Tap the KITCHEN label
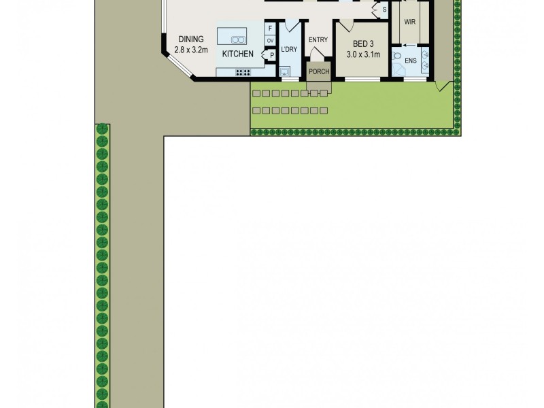(x=237, y=54)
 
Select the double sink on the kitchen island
(x=237, y=39)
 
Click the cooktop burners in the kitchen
(x=243, y=72)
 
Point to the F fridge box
(x=270, y=29)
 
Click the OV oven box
(x=270, y=40)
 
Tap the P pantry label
(x=271, y=55)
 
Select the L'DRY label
(x=289, y=50)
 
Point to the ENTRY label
(x=318, y=39)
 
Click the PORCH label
(x=318, y=71)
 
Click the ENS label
(x=411, y=61)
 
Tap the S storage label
(x=384, y=10)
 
